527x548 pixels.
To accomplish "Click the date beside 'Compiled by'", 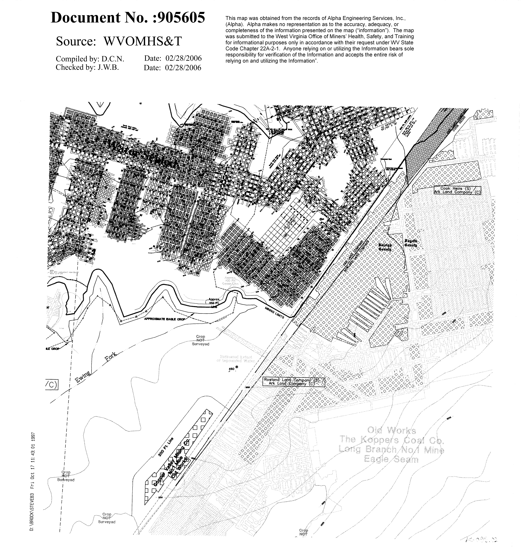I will click(x=183, y=58).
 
